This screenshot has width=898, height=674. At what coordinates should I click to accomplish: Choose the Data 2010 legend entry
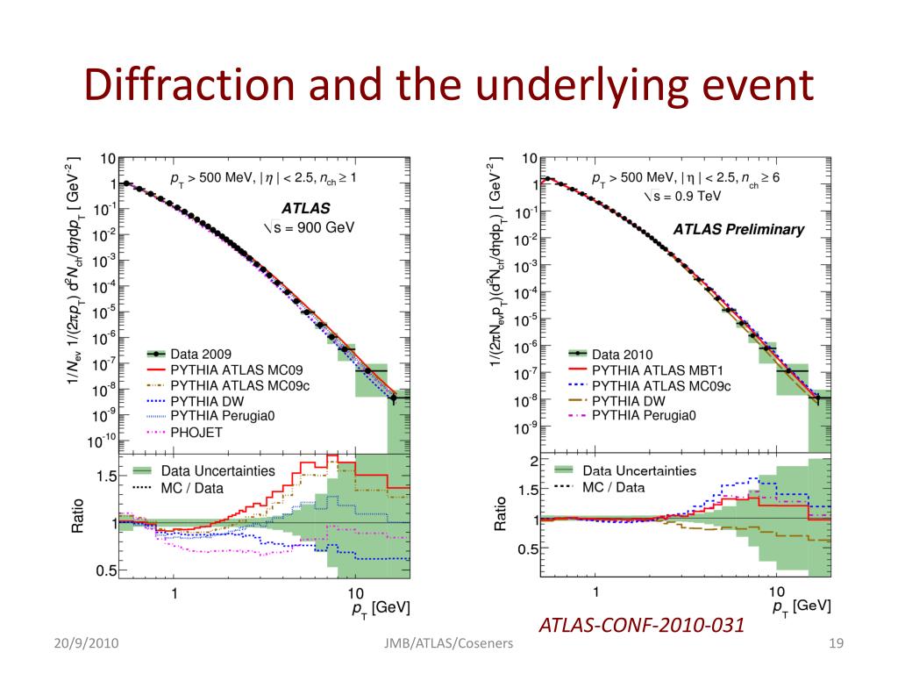(x=623, y=355)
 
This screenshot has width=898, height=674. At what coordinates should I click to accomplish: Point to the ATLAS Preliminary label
(x=738, y=230)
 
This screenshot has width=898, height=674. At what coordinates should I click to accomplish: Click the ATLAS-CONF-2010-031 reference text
(x=641, y=625)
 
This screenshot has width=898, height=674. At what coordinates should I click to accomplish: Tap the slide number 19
(x=835, y=646)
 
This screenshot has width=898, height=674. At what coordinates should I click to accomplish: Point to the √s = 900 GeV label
(x=304, y=227)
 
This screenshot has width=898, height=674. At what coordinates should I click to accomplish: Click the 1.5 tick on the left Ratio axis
(x=105, y=476)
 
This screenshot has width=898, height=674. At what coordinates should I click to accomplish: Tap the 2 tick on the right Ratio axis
(x=532, y=461)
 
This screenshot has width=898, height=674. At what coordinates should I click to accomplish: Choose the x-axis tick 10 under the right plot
(x=777, y=592)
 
